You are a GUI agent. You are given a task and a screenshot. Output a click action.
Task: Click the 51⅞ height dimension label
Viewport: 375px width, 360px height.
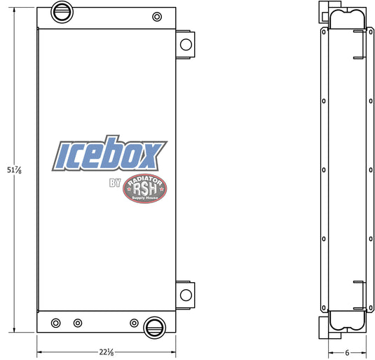(x=14, y=170)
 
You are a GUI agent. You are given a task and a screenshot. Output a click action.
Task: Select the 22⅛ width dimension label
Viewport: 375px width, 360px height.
(x=107, y=352)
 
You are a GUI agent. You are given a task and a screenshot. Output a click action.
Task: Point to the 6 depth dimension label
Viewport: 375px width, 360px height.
(x=347, y=352)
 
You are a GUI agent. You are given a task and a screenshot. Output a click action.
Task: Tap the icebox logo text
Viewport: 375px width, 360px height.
(x=109, y=153)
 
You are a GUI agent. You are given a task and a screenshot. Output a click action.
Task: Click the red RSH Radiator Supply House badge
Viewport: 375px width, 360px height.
(x=144, y=188)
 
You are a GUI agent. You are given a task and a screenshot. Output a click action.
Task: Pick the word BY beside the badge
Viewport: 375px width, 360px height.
(x=115, y=183)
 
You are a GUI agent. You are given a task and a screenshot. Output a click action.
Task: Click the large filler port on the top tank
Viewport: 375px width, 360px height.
(x=62, y=12)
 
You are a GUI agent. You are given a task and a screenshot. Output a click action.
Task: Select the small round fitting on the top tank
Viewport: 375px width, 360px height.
(x=157, y=17)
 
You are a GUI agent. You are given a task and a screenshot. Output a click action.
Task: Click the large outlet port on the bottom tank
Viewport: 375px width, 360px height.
(x=154, y=328)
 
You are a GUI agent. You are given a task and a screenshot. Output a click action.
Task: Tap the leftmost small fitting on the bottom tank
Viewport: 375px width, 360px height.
(x=55, y=323)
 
